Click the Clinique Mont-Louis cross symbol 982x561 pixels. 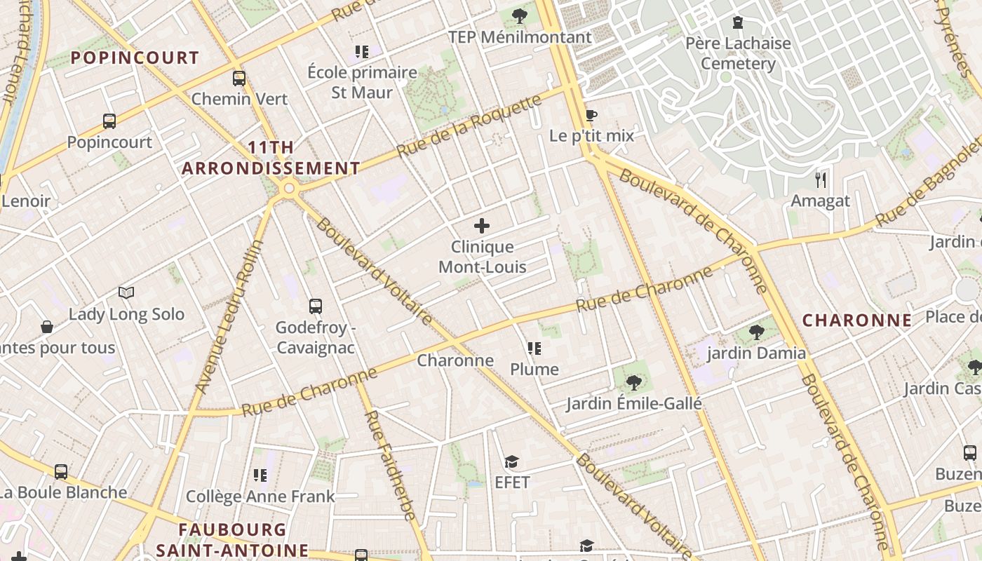[482, 226]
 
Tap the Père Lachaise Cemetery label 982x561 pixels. [738, 53]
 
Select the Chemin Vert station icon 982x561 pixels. [239, 78]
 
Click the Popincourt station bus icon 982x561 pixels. [109, 121]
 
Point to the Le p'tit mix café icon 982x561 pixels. [591, 115]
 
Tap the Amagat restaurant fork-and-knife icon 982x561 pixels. [821, 180]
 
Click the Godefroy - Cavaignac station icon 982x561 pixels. [316, 306]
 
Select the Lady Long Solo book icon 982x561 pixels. [126, 293]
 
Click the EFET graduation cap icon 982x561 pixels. [511, 461]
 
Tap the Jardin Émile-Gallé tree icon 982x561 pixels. [633, 382]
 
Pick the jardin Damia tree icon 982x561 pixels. [756, 332]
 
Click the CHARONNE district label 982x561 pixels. [857, 320]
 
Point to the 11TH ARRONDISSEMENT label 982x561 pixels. [271, 158]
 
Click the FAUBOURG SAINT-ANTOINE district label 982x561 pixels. [232, 540]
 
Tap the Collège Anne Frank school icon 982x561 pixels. [260, 475]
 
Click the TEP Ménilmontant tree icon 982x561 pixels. [519, 15]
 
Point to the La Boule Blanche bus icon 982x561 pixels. [61, 471]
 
